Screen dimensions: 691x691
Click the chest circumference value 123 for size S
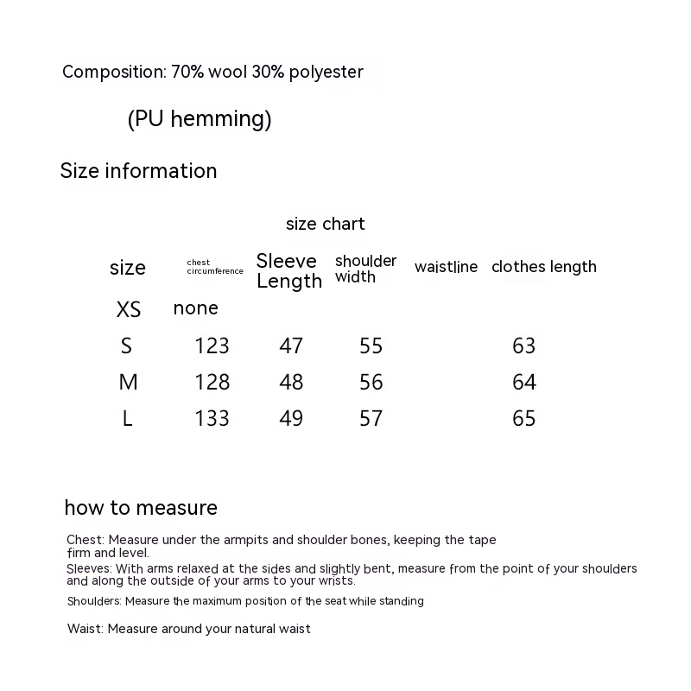point(212,345)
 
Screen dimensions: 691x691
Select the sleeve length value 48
point(291,382)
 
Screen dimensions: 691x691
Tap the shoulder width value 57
point(371,418)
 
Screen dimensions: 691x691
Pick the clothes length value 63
point(524,345)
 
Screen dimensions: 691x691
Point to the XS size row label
point(128,309)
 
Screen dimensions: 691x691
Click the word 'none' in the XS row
point(196,308)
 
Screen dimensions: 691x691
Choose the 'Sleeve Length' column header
point(288,270)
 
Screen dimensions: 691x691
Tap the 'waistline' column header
point(446,267)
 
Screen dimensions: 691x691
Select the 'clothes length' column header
point(544,267)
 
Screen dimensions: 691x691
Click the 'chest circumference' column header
point(214,267)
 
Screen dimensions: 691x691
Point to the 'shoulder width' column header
point(365,269)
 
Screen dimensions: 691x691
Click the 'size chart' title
point(326,224)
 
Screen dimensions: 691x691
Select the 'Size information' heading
point(138,171)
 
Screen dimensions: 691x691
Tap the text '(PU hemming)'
point(200,119)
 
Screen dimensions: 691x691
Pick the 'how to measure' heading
point(141,508)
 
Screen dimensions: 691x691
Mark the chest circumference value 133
point(212,418)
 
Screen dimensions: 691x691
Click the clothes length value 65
point(524,418)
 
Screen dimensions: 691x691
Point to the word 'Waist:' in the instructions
point(86,629)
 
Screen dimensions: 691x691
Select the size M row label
point(128,382)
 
